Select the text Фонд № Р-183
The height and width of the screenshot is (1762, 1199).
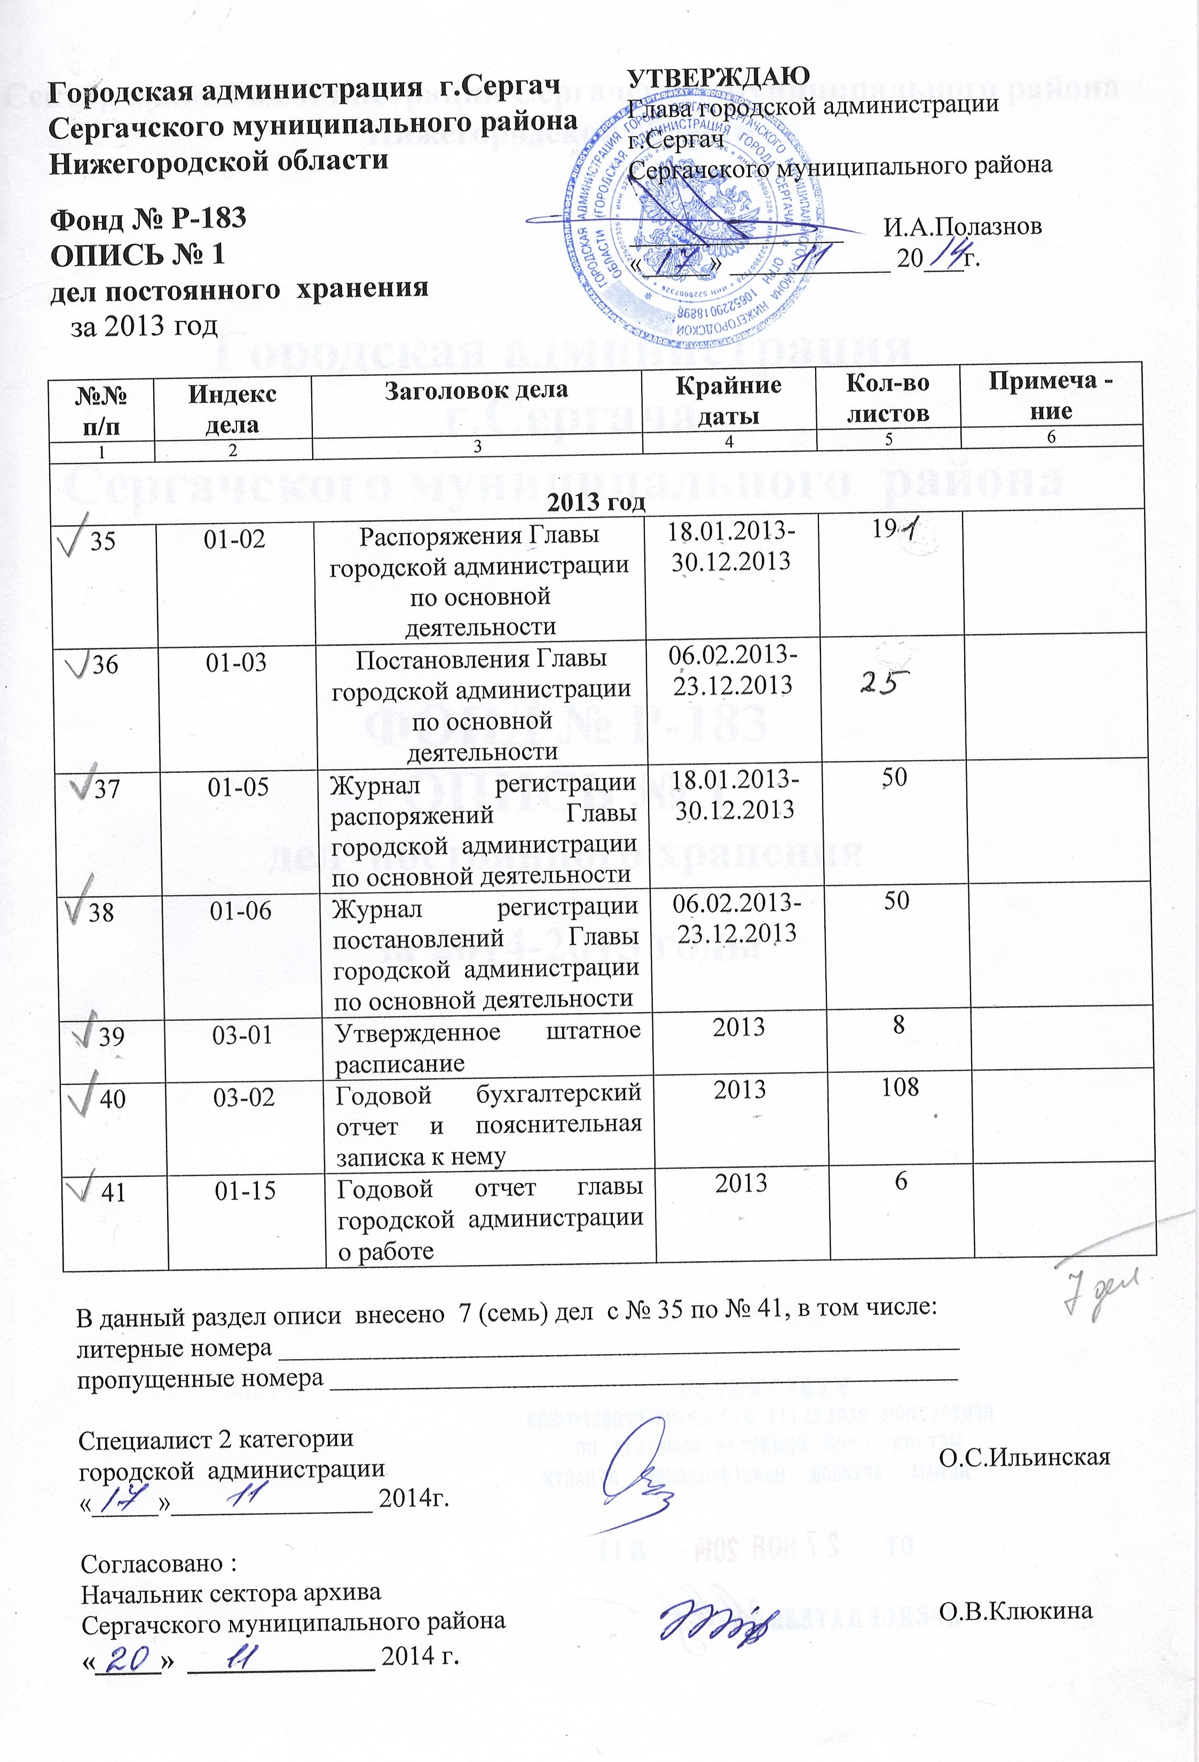pos(148,218)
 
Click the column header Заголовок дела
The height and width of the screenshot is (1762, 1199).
pos(476,390)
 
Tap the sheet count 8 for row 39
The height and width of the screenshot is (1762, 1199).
pos(898,1026)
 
